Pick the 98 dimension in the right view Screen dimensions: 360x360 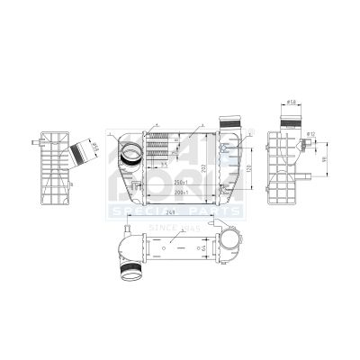pyautogui.click(x=317, y=161)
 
